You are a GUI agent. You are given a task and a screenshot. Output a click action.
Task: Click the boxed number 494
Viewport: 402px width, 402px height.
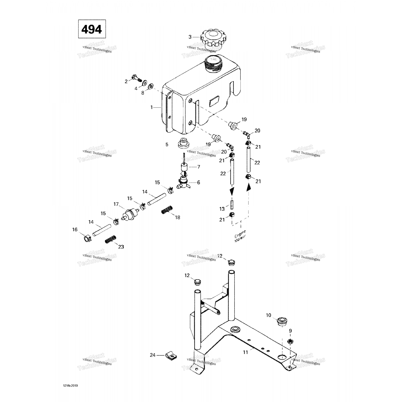(92, 29)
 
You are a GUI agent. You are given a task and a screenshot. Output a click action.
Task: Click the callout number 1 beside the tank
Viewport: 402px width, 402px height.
(151, 107)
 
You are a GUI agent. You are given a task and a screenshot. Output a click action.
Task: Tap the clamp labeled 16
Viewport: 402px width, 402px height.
(86, 238)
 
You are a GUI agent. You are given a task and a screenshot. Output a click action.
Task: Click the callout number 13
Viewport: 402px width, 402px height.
(222, 209)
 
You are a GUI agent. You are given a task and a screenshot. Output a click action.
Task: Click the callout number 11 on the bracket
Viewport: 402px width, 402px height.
(245, 352)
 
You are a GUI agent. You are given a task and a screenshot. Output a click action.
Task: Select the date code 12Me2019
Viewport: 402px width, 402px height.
(69, 386)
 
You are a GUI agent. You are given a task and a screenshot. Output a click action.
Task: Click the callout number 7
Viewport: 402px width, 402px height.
(199, 167)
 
